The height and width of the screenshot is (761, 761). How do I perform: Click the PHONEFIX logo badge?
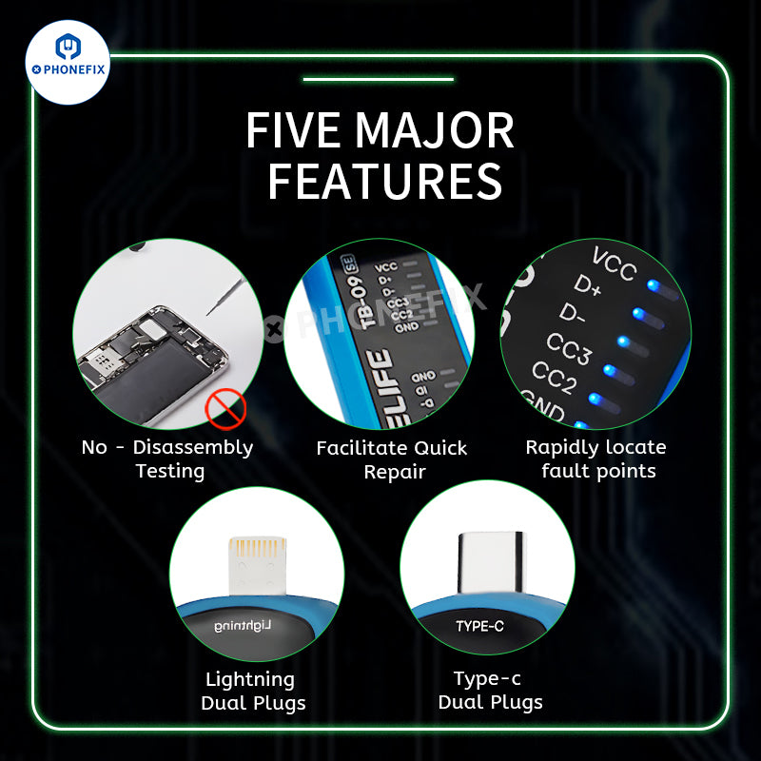(67, 63)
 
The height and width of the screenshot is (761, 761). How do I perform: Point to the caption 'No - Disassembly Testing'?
(167, 459)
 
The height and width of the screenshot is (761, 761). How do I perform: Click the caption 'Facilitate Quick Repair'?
(392, 459)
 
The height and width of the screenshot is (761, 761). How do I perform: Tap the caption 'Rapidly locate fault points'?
(596, 459)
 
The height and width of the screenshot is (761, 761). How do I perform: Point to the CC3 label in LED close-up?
(569, 349)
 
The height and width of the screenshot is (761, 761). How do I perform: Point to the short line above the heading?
(378, 80)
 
